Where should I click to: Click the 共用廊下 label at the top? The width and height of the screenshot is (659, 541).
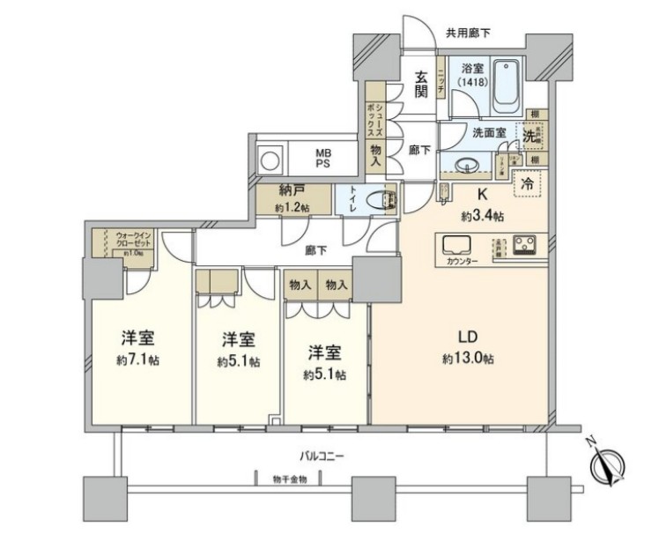pos(468,34)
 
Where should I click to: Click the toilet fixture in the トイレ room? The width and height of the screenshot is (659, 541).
pos(384,199)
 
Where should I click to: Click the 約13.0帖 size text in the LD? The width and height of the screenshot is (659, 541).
pos(468,359)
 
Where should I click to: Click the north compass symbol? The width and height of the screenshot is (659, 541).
pos(609,463)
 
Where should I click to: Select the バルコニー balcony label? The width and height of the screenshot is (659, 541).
pos(322,456)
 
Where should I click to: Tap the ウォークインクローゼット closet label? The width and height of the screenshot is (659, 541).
pos(132,241)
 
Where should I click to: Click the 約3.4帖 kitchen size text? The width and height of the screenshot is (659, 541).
pos(481,216)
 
